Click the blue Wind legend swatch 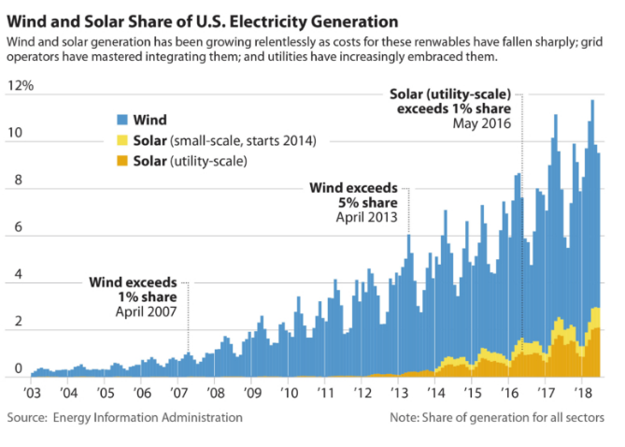[121, 121]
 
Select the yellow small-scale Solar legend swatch [121, 141]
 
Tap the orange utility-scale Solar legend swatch [121, 162]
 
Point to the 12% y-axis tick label [21, 86]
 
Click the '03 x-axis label [32, 392]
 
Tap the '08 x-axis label [215, 392]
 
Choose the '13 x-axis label [398, 392]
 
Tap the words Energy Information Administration [152, 417]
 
